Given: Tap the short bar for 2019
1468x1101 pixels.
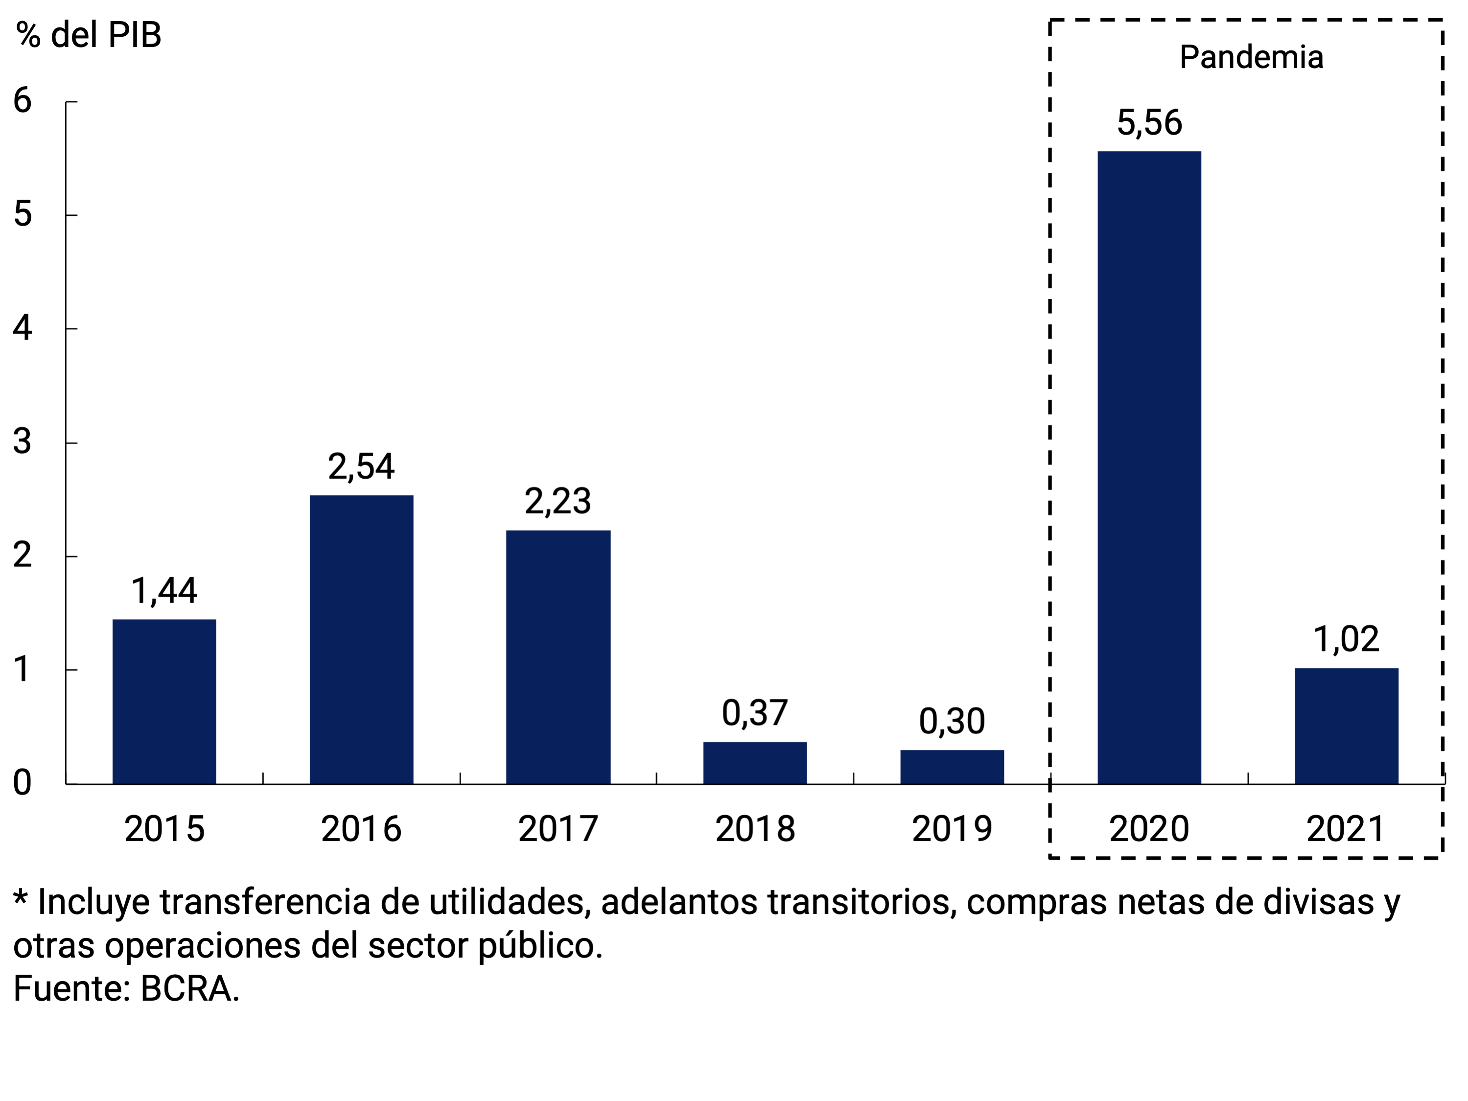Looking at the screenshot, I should (x=952, y=767).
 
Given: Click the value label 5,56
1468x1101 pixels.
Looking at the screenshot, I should (x=1149, y=123).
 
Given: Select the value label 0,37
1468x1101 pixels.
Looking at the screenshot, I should (x=755, y=713).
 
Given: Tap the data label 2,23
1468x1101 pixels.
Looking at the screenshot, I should (x=558, y=501).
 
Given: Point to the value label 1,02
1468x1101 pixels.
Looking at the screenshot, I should (x=1346, y=639).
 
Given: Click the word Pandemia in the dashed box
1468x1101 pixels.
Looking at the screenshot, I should (x=1251, y=57).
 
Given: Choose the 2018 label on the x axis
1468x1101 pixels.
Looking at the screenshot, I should (x=755, y=829).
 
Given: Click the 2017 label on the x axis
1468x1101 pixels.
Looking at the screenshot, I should (x=558, y=829).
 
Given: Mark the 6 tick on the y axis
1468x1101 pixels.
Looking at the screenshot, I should (x=23, y=101).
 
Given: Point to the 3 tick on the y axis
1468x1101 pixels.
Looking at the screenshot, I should (x=23, y=442).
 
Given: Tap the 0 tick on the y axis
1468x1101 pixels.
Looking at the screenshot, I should (x=23, y=783).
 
